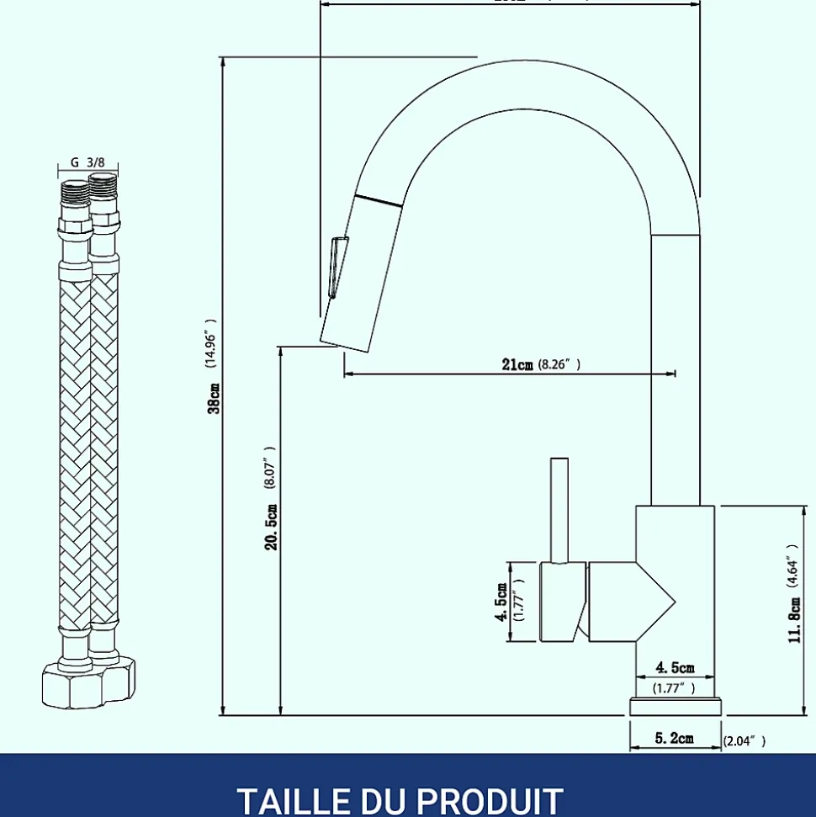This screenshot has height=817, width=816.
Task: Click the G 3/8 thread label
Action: [87, 162]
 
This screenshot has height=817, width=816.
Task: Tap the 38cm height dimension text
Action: [215, 397]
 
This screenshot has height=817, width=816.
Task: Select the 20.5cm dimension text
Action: [271, 527]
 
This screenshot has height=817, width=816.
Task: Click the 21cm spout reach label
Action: [517, 364]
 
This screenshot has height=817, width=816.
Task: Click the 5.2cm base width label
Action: [674, 739]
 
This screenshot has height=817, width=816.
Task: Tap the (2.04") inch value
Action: [744, 740]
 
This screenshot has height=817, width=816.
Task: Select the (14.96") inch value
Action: [210, 344]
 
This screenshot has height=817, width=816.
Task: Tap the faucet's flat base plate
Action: [675, 706]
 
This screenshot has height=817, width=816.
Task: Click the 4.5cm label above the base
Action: [675, 668]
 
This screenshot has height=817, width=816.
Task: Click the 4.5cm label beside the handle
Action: [502, 602]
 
